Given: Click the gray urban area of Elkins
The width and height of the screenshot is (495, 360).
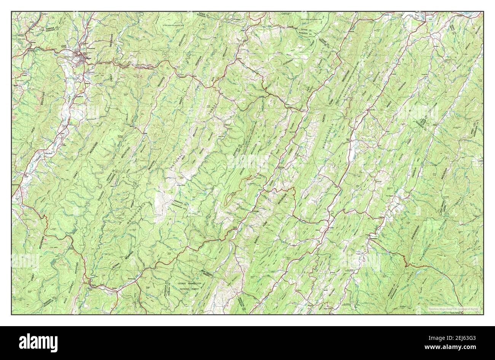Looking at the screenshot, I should click(81, 57).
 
